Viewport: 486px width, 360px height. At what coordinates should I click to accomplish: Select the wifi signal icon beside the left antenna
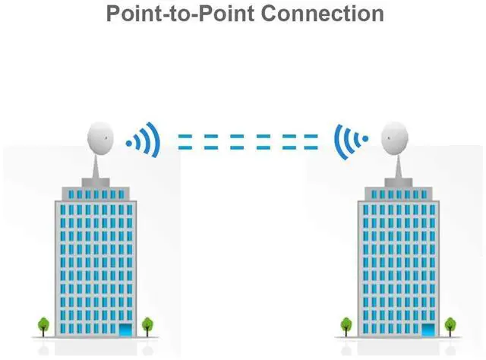(x=144, y=140)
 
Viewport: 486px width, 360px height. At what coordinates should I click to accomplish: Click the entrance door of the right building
(x=429, y=330)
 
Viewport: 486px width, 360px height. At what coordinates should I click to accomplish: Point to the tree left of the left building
(x=43, y=324)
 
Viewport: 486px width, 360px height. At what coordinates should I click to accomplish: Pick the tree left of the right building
(x=346, y=324)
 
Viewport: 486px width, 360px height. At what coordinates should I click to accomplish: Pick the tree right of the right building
(x=450, y=324)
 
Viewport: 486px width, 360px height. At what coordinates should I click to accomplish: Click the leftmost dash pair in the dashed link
(x=185, y=141)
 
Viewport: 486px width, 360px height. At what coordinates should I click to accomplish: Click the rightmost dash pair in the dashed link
(x=311, y=141)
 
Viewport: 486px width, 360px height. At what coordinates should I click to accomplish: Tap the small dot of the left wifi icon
(x=130, y=141)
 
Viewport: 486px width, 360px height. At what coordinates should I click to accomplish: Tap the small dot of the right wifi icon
(x=364, y=140)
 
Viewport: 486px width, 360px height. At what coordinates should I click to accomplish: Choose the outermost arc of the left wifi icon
(x=156, y=140)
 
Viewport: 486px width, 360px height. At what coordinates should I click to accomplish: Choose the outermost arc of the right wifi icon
(x=338, y=140)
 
